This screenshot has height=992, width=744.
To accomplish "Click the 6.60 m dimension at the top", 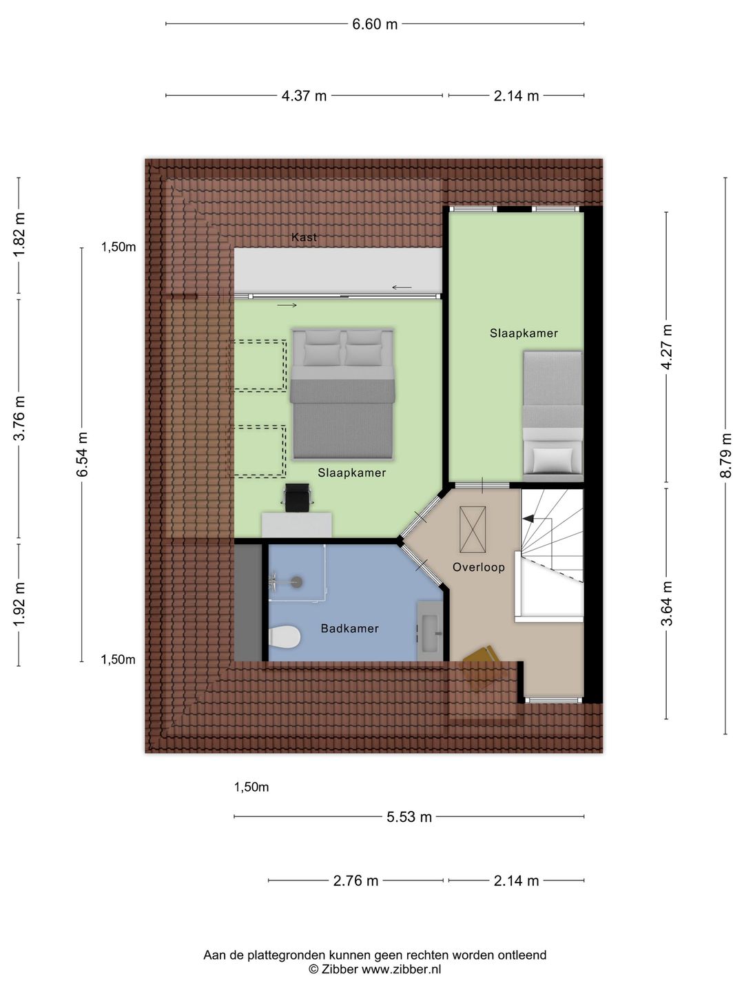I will pyautogui.click(x=375, y=24).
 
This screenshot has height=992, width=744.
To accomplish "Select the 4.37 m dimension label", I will pyautogui.click(x=304, y=96).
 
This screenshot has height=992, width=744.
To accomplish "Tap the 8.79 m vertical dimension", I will pyautogui.click(x=725, y=455).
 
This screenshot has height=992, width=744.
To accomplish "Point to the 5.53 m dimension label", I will pyautogui.click(x=409, y=817).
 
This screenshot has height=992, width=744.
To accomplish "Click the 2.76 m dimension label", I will pyautogui.click(x=355, y=880).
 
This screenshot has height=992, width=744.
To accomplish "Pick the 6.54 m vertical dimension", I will pyautogui.click(x=82, y=455).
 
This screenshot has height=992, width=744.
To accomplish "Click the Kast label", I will pyautogui.click(x=304, y=237).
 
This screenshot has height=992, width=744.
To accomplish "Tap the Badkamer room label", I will pyautogui.click(x=349, y=628).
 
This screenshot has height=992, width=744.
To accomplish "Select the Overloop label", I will pyautogui.click(x=478, y=567).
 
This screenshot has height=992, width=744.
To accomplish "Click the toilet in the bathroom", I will pyautogui.click(x=285, y=637).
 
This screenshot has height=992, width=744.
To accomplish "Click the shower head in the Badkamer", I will pyautogui.click(x=296, y=582).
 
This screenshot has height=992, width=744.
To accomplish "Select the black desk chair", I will pyautogui.click(x=298, y=497).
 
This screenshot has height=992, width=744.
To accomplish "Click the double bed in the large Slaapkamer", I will pyautogui.click(x=342, y=394).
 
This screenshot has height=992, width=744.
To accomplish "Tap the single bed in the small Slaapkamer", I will pyautogui.click(x=552, y=413).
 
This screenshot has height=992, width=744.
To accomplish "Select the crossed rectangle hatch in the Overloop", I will pyautogui.click(x=473, y=529).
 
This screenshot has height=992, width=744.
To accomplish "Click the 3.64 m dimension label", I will pyautogui.click(x=667, y=603).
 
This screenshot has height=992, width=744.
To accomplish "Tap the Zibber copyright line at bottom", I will pyautogui.click(x=375, y=969).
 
